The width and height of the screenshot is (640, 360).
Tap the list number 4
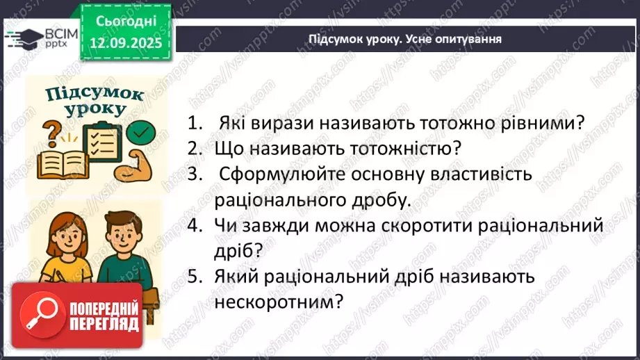tap(195, 226)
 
